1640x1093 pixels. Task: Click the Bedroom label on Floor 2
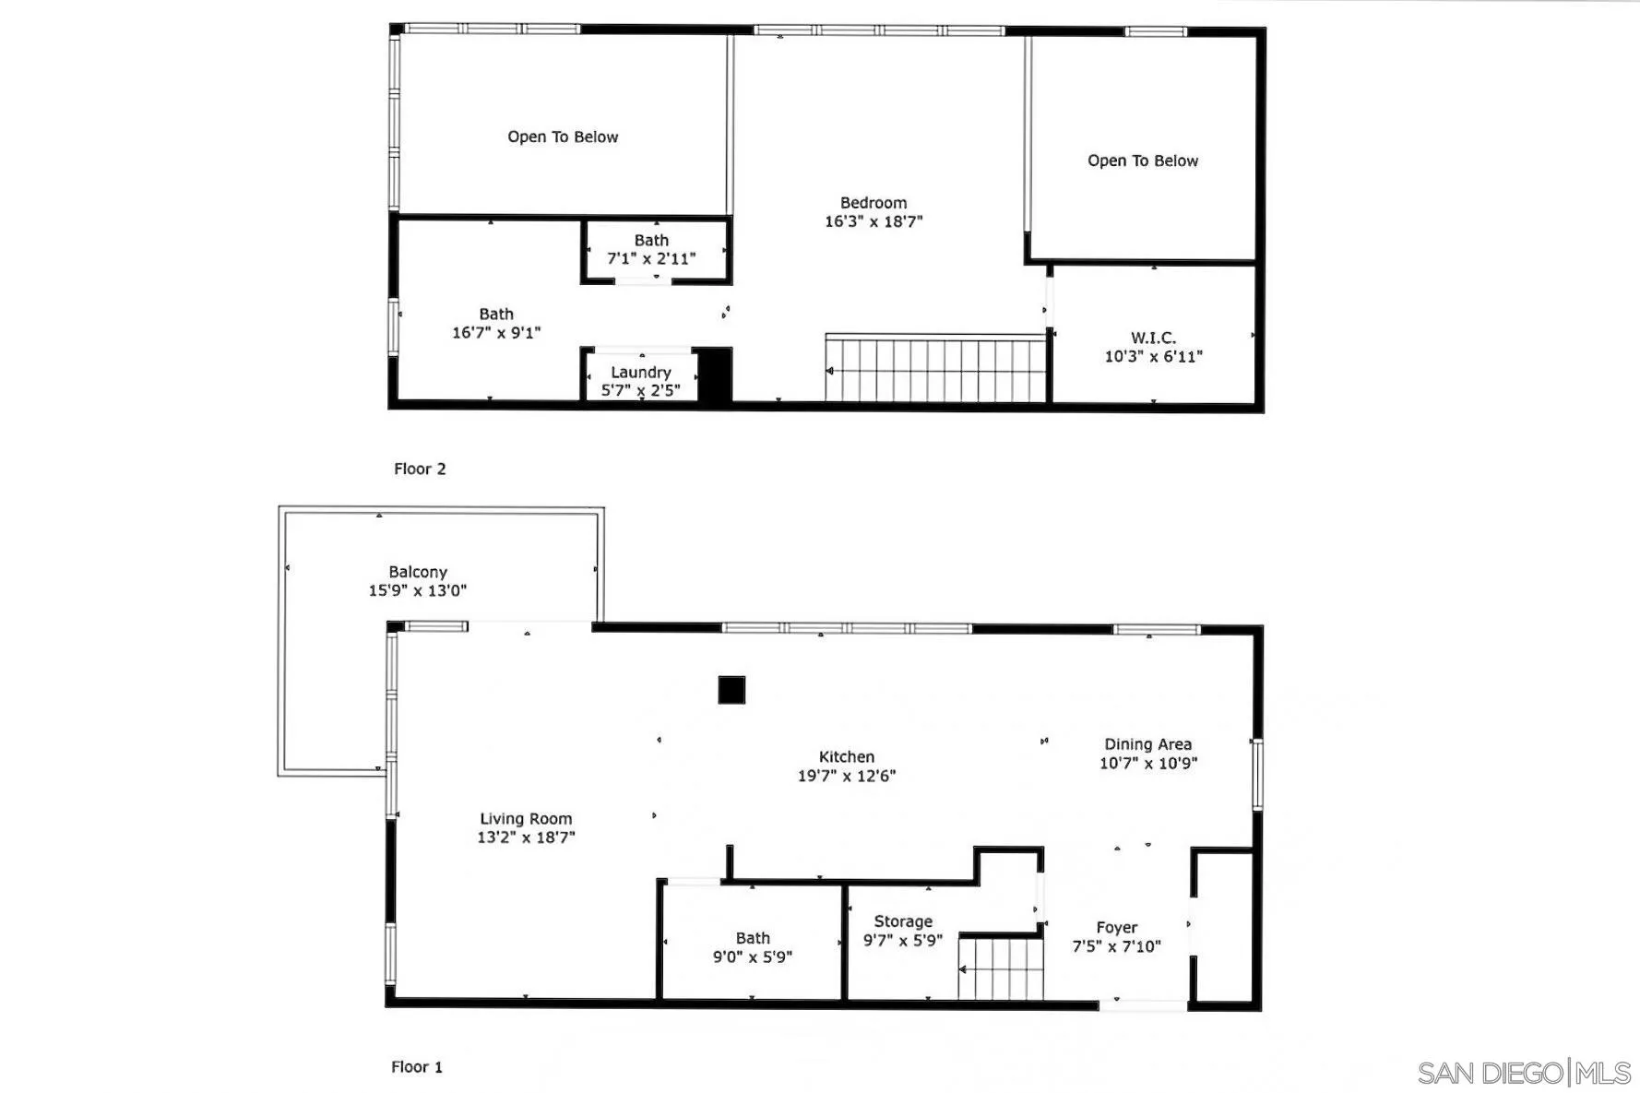pyautogui.click(x=873, y=203)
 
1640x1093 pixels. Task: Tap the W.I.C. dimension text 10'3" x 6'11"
pyautogui.click(x=1153, y=357)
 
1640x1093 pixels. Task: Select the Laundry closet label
pyautogui.click(x=640, y=373)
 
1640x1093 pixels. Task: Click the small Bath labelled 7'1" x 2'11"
pyautogui.click(x=651, y=250)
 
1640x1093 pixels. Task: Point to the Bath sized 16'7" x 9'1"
pyautogui.click(x=496, y=324)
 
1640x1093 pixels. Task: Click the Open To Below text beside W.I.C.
pyautogui.click(x=1142, y=160)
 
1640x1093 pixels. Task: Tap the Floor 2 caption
pyautogui.click(x=420, y=469)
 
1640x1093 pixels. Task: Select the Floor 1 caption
pyautogui.click(x=417, y=1067)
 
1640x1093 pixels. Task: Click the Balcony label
pyautogui.click(x=418, y=572)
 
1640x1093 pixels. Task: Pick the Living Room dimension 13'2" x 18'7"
pyautogui.click(x=526, y=838)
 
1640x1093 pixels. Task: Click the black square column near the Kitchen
pyautogui.click(x=731, y=690)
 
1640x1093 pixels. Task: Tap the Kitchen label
pyautogui.click(x=846, y=757)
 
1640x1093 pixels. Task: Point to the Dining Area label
pyautogui.click(x=1147, y=744)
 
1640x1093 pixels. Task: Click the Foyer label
pyautogui.click(x=1116, y=928)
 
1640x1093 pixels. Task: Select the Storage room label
pyautogui.click(x=903, y=921)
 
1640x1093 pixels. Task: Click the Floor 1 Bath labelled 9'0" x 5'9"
pyautogui.click(x=753, y=947)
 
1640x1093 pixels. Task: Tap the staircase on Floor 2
pyautogui.click(x=935, y=371)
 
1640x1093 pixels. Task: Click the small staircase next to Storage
pyautogui.click(x=1001, y=968)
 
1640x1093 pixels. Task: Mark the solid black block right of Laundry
pyautogui.click(x=714, y=374)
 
